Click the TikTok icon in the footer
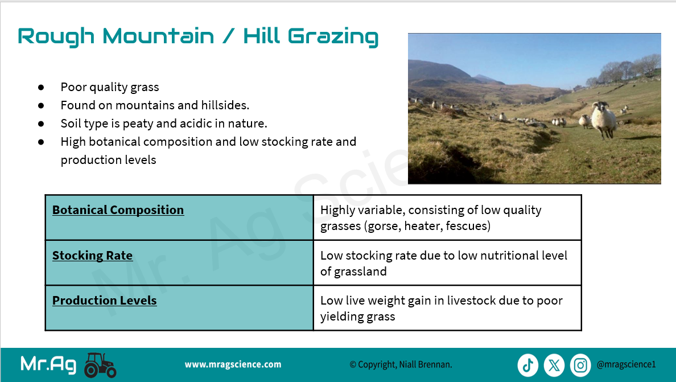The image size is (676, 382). [527, 365]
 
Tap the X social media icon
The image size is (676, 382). [554, 365]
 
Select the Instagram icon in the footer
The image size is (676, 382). [580, 365]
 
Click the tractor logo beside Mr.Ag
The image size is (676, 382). [100, 365]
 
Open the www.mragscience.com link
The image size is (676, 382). [233, 364]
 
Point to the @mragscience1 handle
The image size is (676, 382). [626, 364]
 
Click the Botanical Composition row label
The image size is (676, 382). [118, 210]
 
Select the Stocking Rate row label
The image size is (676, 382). [92, 255]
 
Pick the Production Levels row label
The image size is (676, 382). [104, 301]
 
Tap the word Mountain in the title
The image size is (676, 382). [158, 36]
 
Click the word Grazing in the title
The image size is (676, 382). [333, 36]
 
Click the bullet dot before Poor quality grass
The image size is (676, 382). [41, 87]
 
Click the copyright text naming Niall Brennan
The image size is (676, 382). [401, 364]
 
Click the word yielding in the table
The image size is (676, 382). [339, 317]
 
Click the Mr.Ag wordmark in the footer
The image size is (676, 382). [48, 365]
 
